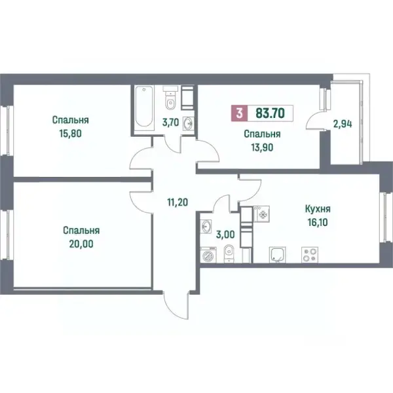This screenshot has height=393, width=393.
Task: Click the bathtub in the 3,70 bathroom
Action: coord(143,106)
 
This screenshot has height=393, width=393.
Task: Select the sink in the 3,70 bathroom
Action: coord(188,124)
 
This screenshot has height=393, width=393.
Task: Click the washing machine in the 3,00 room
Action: coord(208,255)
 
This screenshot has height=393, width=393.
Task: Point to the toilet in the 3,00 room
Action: coord(229,253)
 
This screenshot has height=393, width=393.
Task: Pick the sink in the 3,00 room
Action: coord(206,227)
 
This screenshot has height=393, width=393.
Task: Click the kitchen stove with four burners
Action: coord(310,255)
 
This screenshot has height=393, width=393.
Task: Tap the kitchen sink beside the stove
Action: coord(278,255)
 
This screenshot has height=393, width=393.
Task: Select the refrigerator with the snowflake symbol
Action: coord(261,214)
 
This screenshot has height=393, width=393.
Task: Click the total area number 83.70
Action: coord(270,113)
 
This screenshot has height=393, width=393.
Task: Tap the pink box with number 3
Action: coord(239,113)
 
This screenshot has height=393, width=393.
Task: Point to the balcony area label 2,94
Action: coord(343,124)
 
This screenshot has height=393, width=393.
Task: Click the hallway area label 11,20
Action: coord(178,202)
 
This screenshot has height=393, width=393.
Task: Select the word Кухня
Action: coord(318,209)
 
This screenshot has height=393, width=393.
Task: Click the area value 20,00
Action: coord(81,244)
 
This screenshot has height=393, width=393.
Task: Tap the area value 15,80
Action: coord(71,134)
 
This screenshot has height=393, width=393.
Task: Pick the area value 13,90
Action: coord(262,147)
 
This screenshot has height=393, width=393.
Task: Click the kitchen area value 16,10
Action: coord(318,222)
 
